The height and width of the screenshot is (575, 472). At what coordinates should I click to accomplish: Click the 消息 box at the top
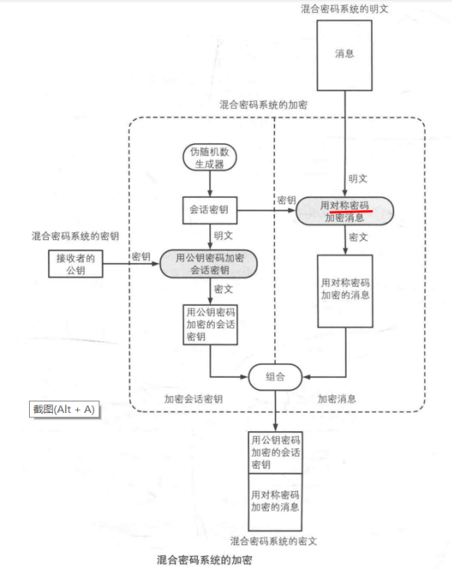[x=344, y=54]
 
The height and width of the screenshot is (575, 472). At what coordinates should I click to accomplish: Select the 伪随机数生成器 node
[x=209, y=156]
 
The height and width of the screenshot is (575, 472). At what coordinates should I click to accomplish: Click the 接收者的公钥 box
[x=75, y=264]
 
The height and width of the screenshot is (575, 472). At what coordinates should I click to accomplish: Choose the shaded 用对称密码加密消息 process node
[x=344, y=211]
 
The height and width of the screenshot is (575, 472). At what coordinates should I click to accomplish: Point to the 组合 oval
[x=275, y=375]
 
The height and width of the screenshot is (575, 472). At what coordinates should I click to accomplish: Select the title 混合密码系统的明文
[x=344, y=8]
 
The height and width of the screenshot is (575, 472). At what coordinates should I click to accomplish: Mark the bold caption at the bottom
[x=204, y=560]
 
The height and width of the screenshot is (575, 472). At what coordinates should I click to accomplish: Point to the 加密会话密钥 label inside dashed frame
[x=193, y=399]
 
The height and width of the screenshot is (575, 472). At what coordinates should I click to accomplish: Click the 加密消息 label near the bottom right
[x=337, y=399]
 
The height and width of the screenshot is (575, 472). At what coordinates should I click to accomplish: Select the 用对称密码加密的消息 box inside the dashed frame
[x=344, y=291]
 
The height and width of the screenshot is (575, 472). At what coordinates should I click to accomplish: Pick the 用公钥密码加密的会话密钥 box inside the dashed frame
[x=210, y=324]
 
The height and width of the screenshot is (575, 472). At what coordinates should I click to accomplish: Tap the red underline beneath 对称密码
[x=351, y=215]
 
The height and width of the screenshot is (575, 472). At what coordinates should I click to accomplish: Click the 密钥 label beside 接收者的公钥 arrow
[x=141, y=255]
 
